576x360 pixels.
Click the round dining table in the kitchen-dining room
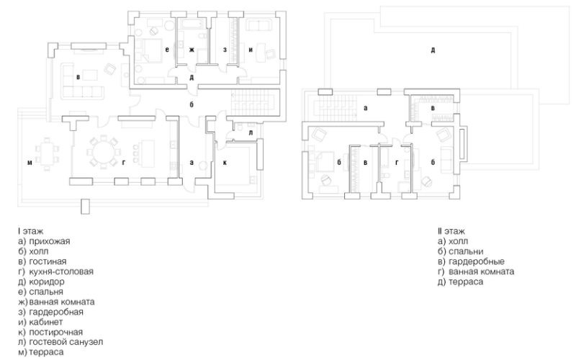(103, 151)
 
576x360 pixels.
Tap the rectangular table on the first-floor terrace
(46, 154)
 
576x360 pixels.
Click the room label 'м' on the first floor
(30, 163)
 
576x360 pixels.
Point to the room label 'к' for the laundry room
(225, 163)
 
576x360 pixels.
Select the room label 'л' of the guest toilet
(251, 132)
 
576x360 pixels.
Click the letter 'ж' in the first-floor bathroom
(192, 50)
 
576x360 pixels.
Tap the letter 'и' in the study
(251, 50)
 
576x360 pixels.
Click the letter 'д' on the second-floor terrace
(433, 50)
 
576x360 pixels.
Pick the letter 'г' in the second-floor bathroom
(397, 163)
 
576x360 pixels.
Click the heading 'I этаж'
(30, 231)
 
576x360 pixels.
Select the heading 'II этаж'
(451, 231)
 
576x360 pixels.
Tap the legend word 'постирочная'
(56, 332)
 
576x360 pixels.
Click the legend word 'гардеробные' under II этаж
(477, 261)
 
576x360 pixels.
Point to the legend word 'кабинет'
(46, 322)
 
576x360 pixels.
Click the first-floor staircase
(254, 103)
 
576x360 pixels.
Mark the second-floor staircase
(335, 107)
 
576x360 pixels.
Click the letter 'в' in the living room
(78, 77)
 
